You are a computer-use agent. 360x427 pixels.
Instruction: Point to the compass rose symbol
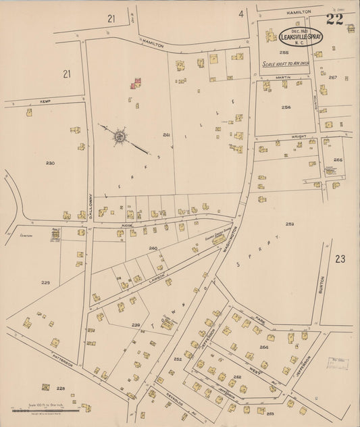(119, 137)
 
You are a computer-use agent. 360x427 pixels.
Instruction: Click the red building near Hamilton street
(136, 83)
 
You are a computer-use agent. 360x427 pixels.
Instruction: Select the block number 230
(50, 164)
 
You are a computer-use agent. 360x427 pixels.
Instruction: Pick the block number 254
(286, 107)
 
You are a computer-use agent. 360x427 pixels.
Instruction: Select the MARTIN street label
(282, 78)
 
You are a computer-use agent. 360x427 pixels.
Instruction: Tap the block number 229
(45, 282)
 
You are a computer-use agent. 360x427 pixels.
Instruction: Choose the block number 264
(263, 347)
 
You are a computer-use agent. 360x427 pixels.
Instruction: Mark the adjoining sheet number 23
(340, 258)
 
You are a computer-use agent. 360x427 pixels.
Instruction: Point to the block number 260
(153, 248)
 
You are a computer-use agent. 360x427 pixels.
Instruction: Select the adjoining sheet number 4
(240, 13)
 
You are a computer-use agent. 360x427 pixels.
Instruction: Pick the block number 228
(60, 388)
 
